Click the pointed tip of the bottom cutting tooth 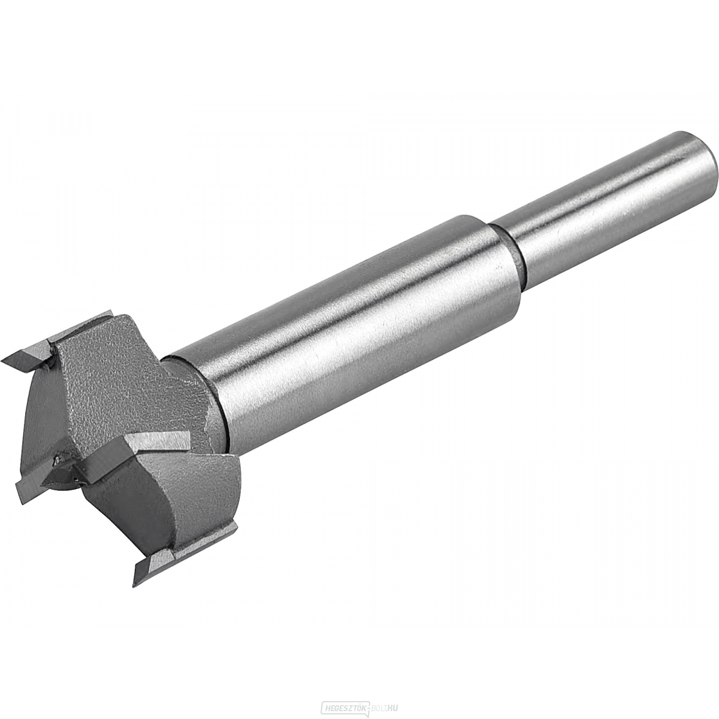click(135, 583)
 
